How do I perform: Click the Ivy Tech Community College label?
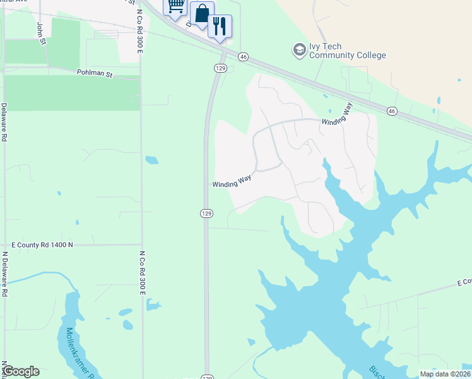347,51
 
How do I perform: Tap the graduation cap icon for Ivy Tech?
299,49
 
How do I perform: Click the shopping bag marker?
201,14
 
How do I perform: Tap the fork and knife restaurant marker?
220,26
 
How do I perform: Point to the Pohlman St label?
95,74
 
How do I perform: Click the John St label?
42,33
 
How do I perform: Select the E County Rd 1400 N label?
42,244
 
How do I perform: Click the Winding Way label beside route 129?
232,182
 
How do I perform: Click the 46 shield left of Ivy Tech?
243,57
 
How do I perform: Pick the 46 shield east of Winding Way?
392,111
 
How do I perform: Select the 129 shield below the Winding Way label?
206,214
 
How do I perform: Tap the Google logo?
21,371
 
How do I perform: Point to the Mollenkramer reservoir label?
80,351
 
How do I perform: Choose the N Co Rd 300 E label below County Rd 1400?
143,273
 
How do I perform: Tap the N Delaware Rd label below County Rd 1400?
5,275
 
